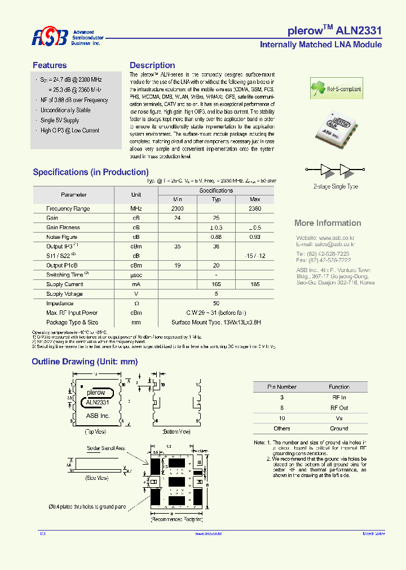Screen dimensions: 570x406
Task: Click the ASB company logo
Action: tap(50, 37)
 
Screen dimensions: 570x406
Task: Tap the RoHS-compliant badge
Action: tap(337, 89)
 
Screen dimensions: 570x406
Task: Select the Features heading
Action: tap(50, 65)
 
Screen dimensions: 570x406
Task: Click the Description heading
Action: tap(152, 65)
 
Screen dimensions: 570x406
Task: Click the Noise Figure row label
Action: tap(62, 237)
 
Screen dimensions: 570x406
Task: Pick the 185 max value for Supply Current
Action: tap(255, 284)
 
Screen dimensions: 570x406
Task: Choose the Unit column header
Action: tap(136, 195)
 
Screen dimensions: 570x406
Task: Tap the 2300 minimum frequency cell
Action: tap(178, 208)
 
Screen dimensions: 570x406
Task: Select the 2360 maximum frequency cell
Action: tap(255, 208)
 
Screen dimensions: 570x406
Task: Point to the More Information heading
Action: tap(328, 223)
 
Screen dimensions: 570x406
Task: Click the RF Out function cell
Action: tap(339, 408)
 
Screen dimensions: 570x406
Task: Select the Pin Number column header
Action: tap(281, 387)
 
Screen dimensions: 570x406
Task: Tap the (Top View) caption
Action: tap(95, 431)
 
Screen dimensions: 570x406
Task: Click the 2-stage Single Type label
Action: tap(336, 186)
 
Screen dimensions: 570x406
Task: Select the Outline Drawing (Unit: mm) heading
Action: tap(85, 362)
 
